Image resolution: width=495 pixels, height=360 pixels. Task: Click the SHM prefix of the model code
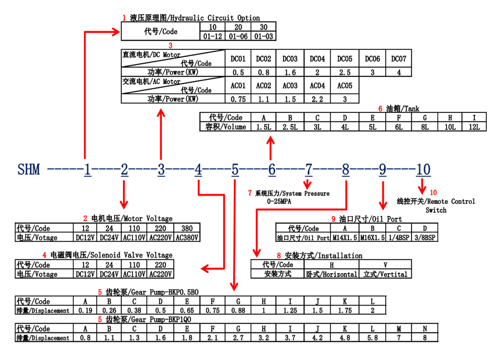[x=29, y=170]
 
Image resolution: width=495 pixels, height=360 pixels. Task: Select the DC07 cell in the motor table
[x=398, y=59]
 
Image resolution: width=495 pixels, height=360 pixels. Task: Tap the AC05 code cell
[x=345, y=86]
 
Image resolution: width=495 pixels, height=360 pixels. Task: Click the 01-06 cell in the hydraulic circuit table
[x=238, y=36]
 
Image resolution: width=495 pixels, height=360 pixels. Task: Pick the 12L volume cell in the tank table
[x=474, y=127]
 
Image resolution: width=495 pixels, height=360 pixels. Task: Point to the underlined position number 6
[x=272, y=170]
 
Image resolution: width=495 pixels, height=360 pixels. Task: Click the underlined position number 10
[x=423, y=170]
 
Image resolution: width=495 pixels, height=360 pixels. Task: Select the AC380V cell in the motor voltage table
[x=187, y=238]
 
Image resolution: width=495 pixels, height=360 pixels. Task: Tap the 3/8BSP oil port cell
[x=425, y=238]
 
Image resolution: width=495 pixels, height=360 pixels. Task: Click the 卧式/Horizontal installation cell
[x=331, y=274]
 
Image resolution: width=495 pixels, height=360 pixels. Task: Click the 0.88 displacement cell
[x=238, y=310]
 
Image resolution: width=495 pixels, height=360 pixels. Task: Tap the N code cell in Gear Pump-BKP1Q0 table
[x=425, y=328]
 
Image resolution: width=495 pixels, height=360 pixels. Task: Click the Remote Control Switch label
[x=436, y=206]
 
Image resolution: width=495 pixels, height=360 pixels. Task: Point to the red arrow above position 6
[x=270, y=146]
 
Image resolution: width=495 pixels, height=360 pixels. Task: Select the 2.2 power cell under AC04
[x=317, y=99]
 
